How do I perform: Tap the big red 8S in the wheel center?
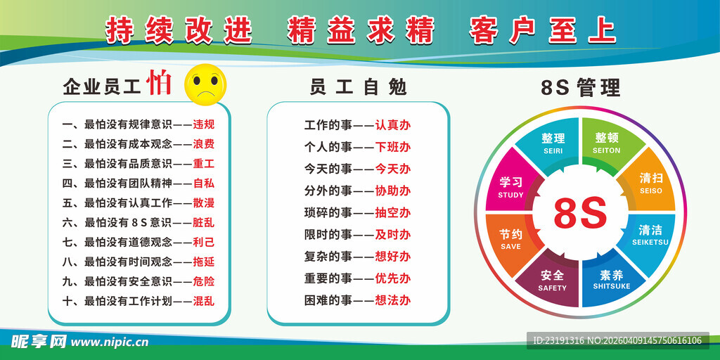(x=580, y=214)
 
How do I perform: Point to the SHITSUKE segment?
(x=611, y=280)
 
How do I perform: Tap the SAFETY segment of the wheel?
(x=552, y=280)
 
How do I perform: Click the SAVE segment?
(x=511, y=239)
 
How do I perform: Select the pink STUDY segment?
(x=511, y=187)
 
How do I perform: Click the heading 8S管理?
(x=580, y=87)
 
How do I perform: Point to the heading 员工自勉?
(x=358, y=87)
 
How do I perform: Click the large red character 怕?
(x=159, y=84)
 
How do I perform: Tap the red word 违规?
(x=203, y=125)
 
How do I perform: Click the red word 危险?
(x=203, y=281)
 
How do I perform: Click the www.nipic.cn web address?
(x=110, y=342)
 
